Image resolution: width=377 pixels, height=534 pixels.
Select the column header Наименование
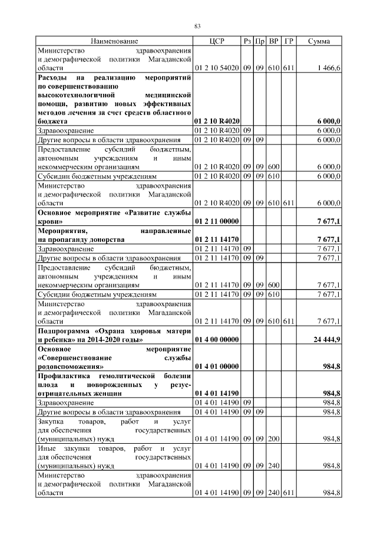coord(114,41)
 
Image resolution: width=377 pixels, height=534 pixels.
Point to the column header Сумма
coord(319,41)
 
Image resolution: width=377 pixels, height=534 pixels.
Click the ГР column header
coord(289,41)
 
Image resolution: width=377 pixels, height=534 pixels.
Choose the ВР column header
coord(274,41)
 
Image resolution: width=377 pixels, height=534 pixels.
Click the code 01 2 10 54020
coord(216,68)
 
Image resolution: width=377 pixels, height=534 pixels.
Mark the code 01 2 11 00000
coord(216,221)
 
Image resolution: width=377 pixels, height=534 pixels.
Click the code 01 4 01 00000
coord(216,366)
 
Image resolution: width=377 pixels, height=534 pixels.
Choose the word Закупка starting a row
coord(51,422)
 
